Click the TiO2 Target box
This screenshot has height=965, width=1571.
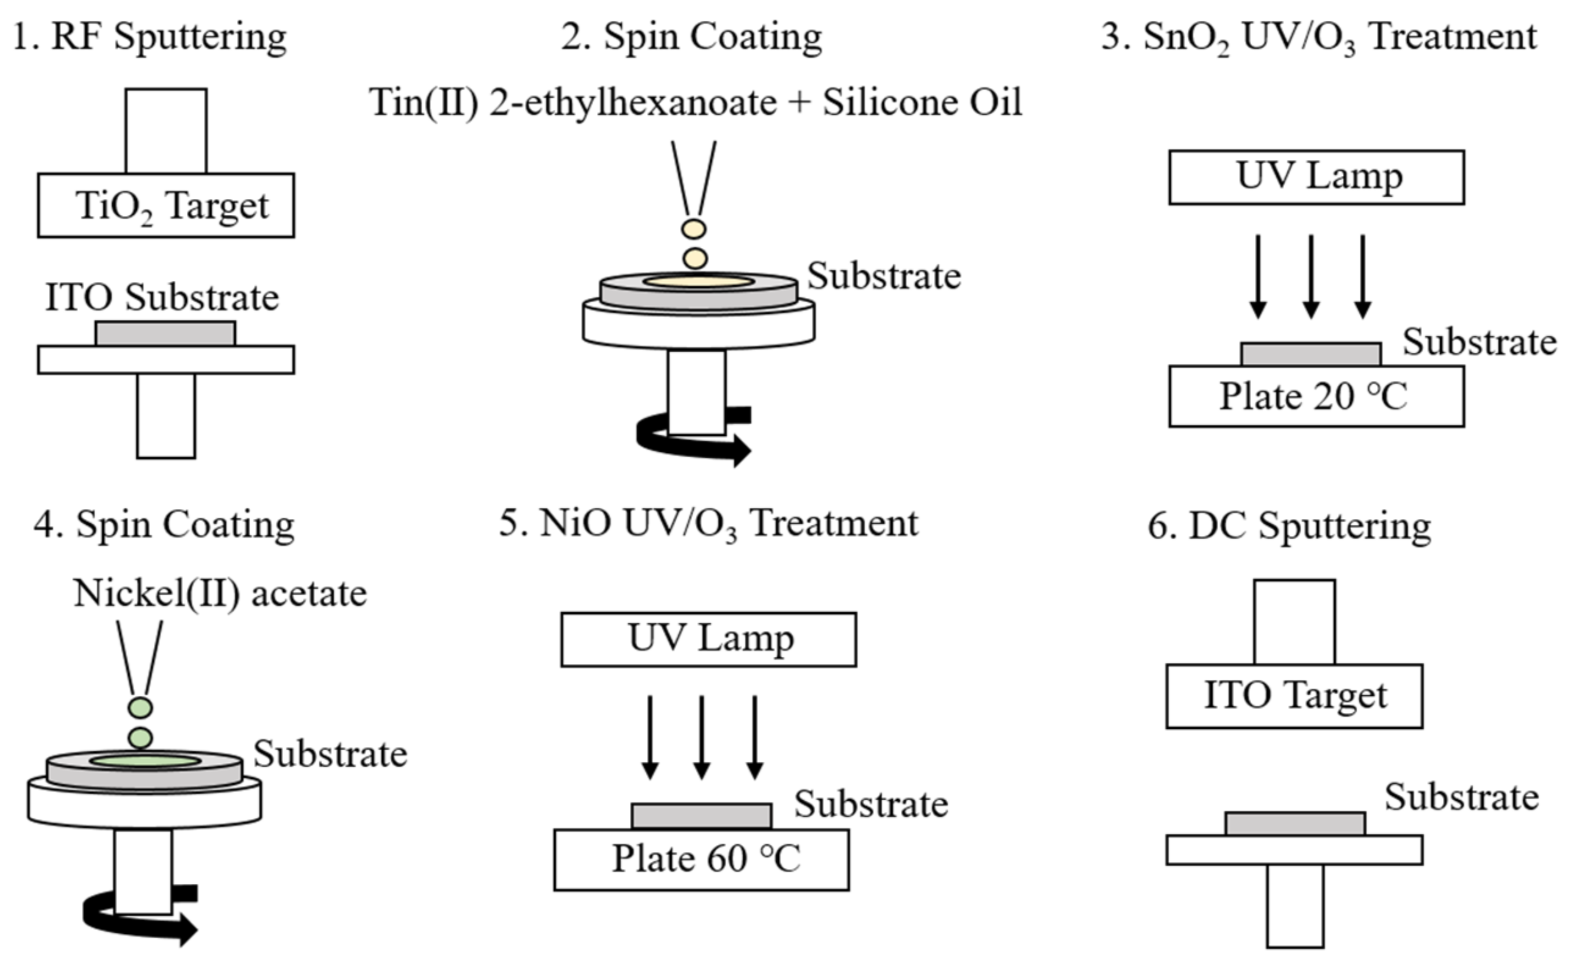[166, 206]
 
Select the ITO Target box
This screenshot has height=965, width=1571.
[1294, 696]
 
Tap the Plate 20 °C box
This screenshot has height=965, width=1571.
[1316, 396]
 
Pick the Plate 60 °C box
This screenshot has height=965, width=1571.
[701, 859]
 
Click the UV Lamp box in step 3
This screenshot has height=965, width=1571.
[1316, 178]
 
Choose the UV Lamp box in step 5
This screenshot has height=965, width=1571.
[708, 640]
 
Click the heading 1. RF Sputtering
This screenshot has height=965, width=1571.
[150, 37]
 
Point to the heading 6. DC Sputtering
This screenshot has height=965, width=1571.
[1289, 527]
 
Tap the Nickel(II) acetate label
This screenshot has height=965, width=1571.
[220, 593]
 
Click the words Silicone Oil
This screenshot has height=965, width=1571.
[922, 102]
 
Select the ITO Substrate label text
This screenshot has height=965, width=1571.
[162, 297]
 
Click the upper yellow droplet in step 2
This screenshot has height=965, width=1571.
[694, 228]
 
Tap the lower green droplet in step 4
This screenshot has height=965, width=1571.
[140, 739]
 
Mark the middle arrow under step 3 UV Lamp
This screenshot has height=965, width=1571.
[1310, 276]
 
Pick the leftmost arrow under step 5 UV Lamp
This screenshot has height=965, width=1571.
[649, 737]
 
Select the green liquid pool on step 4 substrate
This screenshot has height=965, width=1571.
[145, 761]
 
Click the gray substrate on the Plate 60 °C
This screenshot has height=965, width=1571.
[701, 816]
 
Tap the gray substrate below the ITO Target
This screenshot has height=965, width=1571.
[1295, 824]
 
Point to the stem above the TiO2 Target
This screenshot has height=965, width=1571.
[166, 131]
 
